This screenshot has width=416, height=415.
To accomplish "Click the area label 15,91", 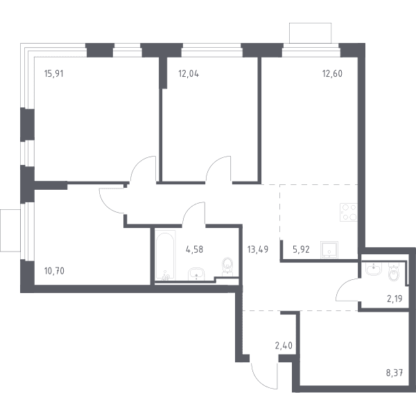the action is coord(54,73).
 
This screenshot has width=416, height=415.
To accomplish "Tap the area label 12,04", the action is coord(189,73).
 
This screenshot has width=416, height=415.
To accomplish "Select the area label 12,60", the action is coord(332,73).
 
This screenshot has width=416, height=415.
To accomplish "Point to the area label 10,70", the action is coord(54,271).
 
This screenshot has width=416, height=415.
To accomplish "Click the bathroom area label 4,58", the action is coord(194,249).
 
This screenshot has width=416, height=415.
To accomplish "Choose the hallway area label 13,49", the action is coord(258,249).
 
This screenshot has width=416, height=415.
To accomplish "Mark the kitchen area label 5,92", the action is coord(301,249).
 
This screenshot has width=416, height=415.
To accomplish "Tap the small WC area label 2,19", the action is coord(395,299).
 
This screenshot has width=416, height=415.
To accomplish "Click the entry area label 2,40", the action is coord(284,346).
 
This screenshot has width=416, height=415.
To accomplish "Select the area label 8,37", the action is coord(395,373).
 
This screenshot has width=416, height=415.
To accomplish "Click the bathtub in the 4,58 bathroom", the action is coord(165,256).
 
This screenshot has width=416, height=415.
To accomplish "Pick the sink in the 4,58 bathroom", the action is coord(196,274).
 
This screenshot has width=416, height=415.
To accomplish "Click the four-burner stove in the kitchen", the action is coord(349,212).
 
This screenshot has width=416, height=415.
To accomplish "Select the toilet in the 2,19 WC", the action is coord(393,272).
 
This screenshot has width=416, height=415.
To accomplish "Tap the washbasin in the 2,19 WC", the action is coord(374,269).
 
